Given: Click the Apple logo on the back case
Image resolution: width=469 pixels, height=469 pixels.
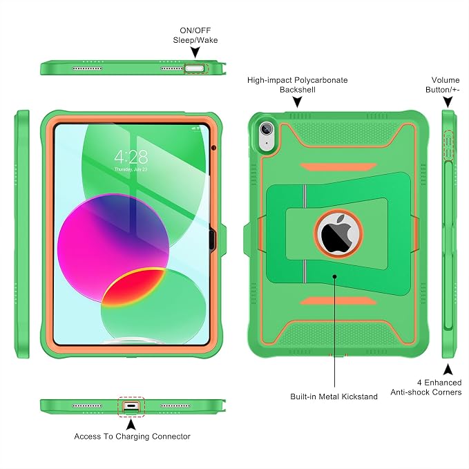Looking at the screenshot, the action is [338, 233].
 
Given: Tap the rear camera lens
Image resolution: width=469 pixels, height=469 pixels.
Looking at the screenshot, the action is [266, 129].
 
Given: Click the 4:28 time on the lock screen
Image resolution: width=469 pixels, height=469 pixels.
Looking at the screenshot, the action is [131, 156].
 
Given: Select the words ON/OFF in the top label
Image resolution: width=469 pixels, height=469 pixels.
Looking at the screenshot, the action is [195, 30].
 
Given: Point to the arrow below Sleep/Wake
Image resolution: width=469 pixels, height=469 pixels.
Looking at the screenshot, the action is [195, 52].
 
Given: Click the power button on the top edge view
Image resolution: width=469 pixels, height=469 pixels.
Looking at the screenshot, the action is [194, 68].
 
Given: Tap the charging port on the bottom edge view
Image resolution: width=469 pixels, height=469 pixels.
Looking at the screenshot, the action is [131, 406].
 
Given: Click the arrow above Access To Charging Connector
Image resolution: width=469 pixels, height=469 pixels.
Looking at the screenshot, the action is [131, 424].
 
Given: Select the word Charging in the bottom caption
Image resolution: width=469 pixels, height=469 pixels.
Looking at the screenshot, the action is [132, 437].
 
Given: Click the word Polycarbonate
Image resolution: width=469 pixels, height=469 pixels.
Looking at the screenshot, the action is [321, 80].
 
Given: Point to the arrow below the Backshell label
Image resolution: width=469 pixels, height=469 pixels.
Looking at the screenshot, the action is [297, 102].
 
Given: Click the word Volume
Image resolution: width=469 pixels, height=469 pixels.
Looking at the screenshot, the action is [446, 80].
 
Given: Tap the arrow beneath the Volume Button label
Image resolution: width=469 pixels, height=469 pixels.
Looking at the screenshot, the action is [448, 102].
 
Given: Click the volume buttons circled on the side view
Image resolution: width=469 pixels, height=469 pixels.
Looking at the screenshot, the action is [448, 145].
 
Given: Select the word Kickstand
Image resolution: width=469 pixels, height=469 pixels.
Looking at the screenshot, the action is [359, 396].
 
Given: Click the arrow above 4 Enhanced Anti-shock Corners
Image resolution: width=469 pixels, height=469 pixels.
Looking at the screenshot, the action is [448, 370].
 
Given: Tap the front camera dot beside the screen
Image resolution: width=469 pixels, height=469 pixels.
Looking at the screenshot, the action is [213, 147].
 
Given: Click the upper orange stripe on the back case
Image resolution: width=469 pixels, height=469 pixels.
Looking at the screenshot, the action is [338, 166].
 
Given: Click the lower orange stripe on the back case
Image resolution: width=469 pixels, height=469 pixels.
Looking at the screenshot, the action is [338, 301].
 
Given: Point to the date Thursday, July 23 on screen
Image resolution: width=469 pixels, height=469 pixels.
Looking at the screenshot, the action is [131, 169].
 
